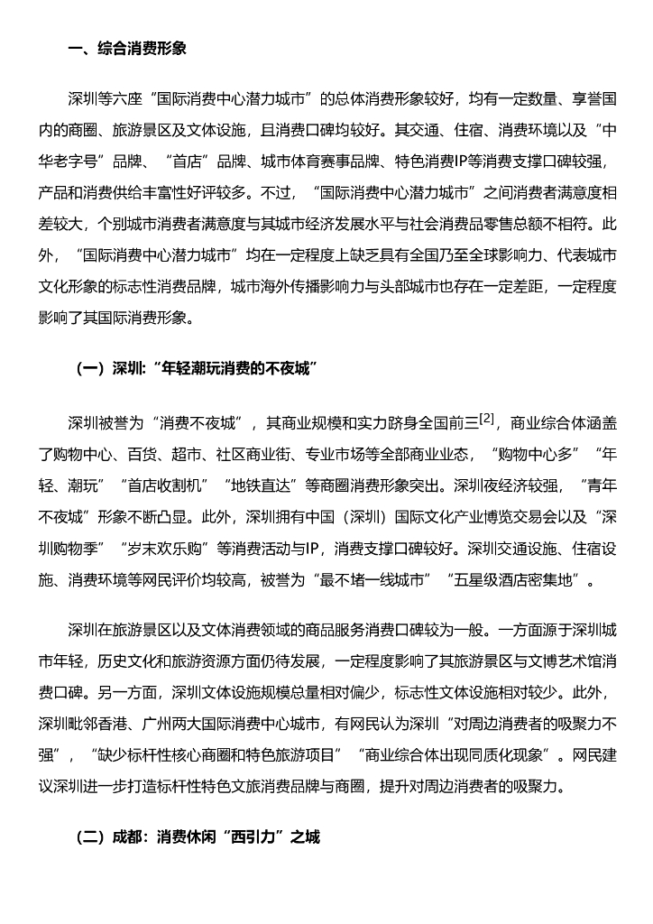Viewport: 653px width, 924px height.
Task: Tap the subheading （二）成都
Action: pos(198,836)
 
